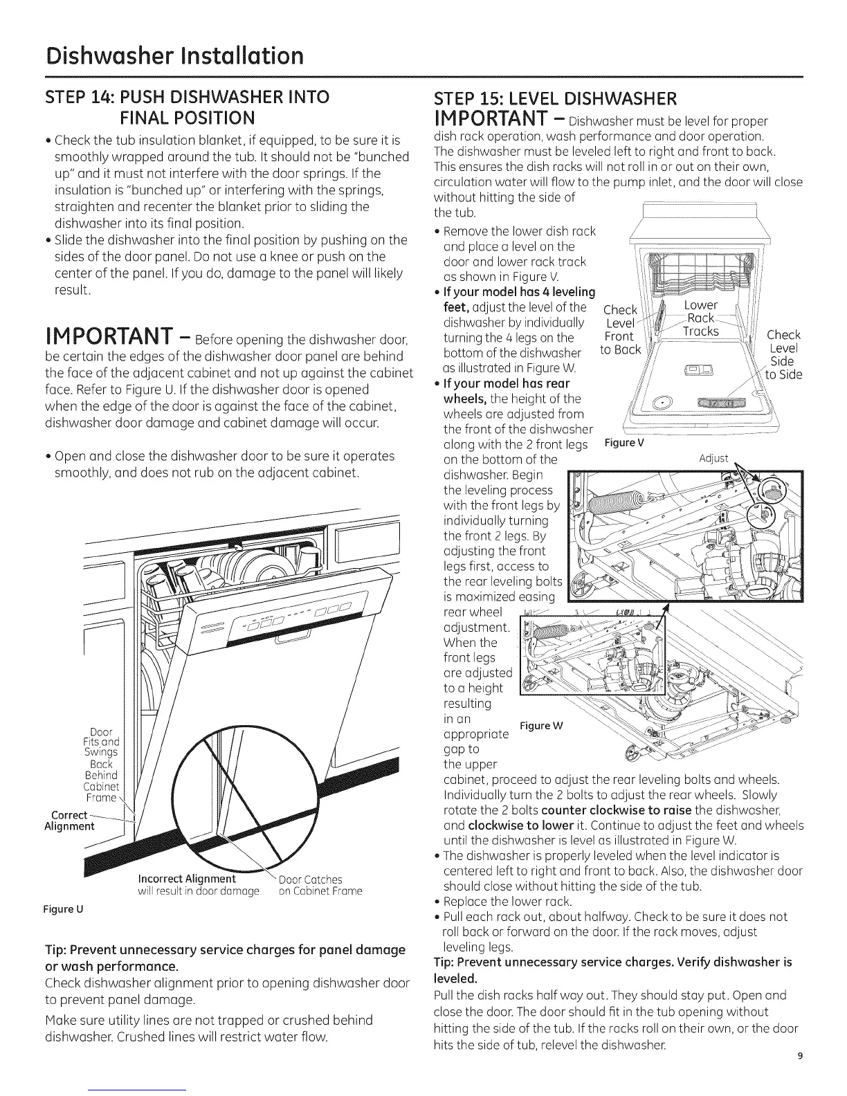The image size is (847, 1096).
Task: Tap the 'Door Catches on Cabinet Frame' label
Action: point(320,885)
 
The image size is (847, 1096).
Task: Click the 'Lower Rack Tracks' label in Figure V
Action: point(700,318)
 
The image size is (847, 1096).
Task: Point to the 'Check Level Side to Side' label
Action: point(784,355)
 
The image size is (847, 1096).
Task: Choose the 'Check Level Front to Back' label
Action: point(619,330)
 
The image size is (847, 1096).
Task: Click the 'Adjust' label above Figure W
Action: point(714,458)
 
